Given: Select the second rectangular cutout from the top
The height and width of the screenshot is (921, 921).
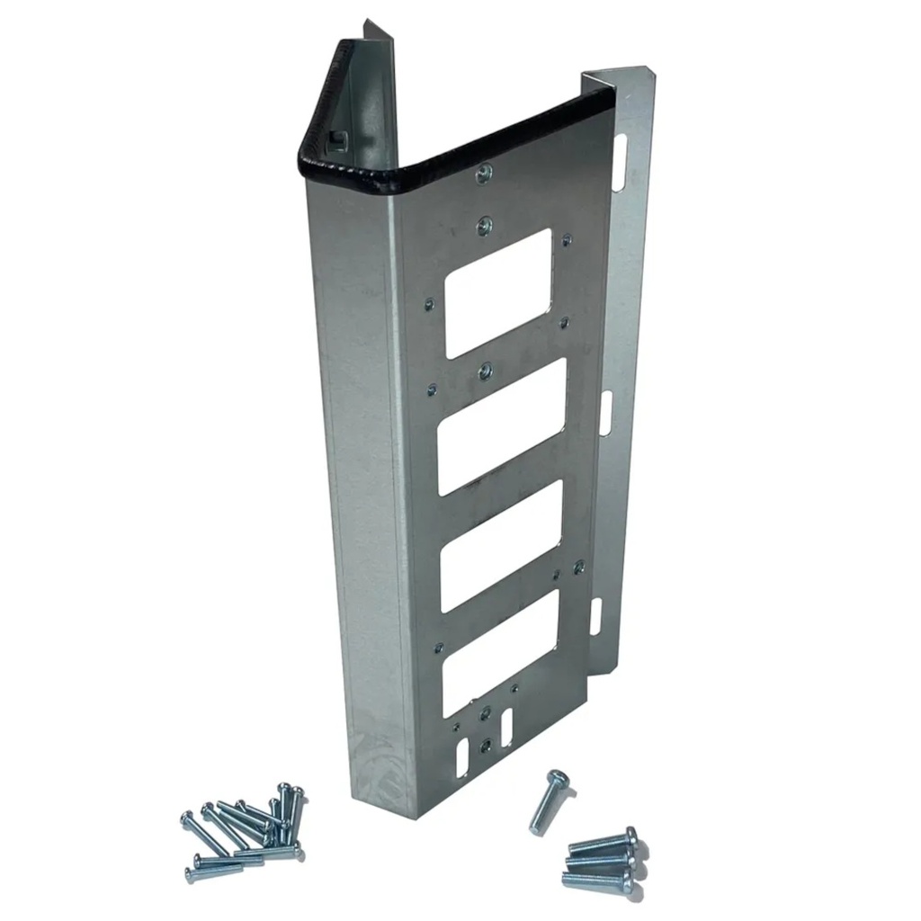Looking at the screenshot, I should point(501,426).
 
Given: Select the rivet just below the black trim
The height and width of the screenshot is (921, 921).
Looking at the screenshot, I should point(484,174).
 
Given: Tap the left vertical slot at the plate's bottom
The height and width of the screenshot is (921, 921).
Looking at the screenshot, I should point(462,758).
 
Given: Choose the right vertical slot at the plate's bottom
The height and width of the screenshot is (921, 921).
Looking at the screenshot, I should point(506,724).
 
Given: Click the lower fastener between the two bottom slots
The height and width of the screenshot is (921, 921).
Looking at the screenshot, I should point(486,745).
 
